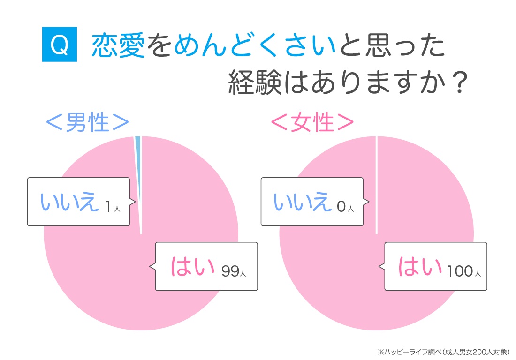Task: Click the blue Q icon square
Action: click(x=60, y=44)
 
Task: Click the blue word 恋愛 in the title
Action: click(x=118, y=45)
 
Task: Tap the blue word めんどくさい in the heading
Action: click(x=255, y=45)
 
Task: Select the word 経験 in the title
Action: click(x=255, y=82)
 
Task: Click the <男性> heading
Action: click(x=87, y=122)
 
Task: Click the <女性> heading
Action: click(x=312, y=122)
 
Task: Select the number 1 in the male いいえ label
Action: click(x=107, y=206)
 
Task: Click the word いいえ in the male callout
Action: click(x=69, y=202)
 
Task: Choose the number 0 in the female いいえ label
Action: click(x=341, y=206)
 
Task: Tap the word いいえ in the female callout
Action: click(x=303, y=202)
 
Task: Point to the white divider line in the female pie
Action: click(x=377, y=185)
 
